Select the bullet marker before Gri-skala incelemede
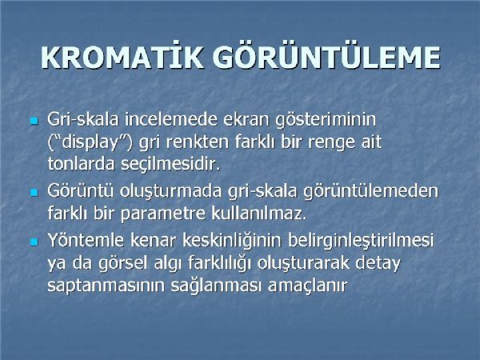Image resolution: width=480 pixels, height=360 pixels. point(34,121)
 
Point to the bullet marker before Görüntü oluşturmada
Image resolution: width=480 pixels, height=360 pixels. point(34,193)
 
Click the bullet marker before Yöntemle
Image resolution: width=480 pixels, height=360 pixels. point(34,242)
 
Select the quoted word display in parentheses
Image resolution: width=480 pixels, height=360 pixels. point(90,143)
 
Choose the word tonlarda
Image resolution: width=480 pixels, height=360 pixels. point(81,164)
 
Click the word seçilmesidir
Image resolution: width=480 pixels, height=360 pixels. point(170,165)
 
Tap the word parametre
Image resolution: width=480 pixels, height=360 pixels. point(163,214)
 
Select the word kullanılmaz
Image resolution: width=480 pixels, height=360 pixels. point(259,213)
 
